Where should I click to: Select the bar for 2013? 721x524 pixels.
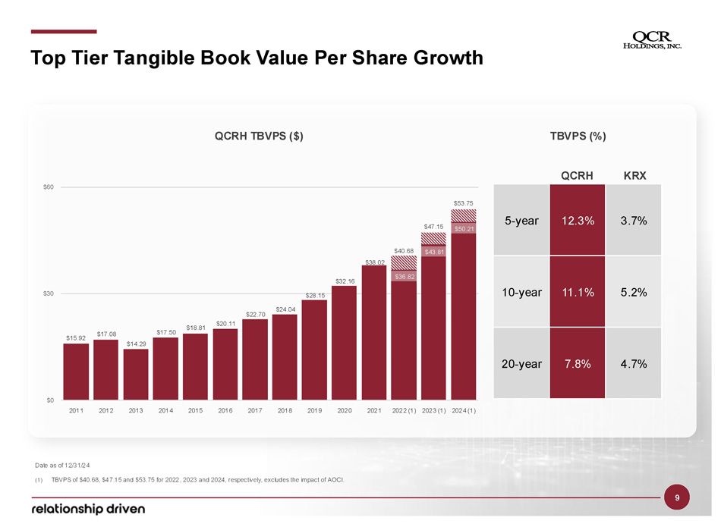click(136, 374)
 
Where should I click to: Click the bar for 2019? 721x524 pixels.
click(315, 350)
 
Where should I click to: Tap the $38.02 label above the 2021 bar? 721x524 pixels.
click(375, 262)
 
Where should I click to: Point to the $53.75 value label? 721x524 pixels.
click(464, 202)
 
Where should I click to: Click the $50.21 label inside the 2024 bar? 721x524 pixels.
click(464, 228)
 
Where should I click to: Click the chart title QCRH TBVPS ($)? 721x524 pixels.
click(259, 136)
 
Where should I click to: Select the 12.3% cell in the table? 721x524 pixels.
click(578, 221)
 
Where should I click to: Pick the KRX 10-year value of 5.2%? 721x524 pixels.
click(634, 293)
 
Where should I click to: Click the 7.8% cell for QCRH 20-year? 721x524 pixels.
click(578, 364)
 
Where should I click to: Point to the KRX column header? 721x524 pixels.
click(634, 176)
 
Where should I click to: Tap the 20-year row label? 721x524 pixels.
click(521, 364)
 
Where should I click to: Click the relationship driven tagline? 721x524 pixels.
click(87, 507)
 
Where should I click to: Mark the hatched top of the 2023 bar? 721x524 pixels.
click(434, 238)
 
